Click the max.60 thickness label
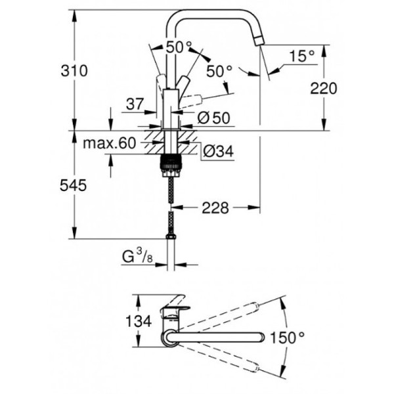[x=112, y=142]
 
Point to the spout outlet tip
[x=260, y=44]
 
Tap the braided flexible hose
[x=171, y=197]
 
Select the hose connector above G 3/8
[x=171, y=234]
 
